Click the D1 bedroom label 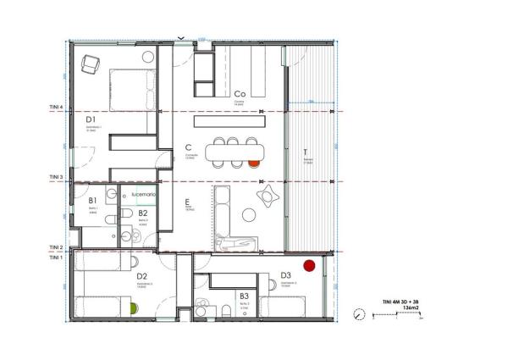(91, 120)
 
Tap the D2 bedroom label (142, 276)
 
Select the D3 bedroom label (285, 275)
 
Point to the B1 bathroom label (92, 201)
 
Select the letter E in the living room (188, 202)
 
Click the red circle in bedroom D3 (309, 265)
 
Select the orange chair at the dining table (254, 163)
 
